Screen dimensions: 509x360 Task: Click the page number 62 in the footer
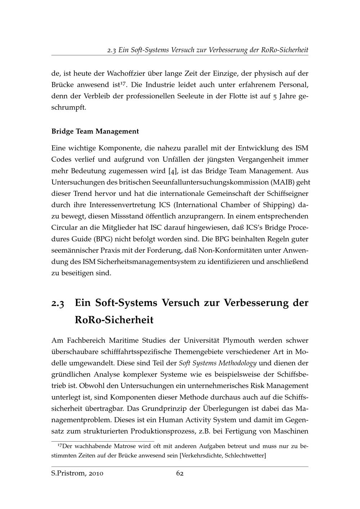coord(180,473)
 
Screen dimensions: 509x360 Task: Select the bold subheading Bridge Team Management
coord(95,131)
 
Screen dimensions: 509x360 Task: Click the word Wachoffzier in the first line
coord(126,73)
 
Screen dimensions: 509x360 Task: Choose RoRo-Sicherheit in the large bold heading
coord(114,320)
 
